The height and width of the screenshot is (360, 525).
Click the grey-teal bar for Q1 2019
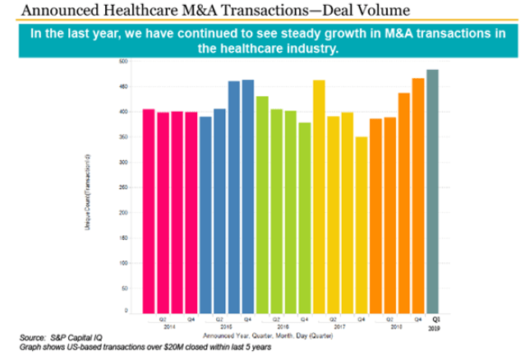432,190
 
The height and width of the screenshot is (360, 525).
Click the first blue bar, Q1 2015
205,214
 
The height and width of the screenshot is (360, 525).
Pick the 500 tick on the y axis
122,61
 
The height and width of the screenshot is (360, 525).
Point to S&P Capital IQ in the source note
67,338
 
